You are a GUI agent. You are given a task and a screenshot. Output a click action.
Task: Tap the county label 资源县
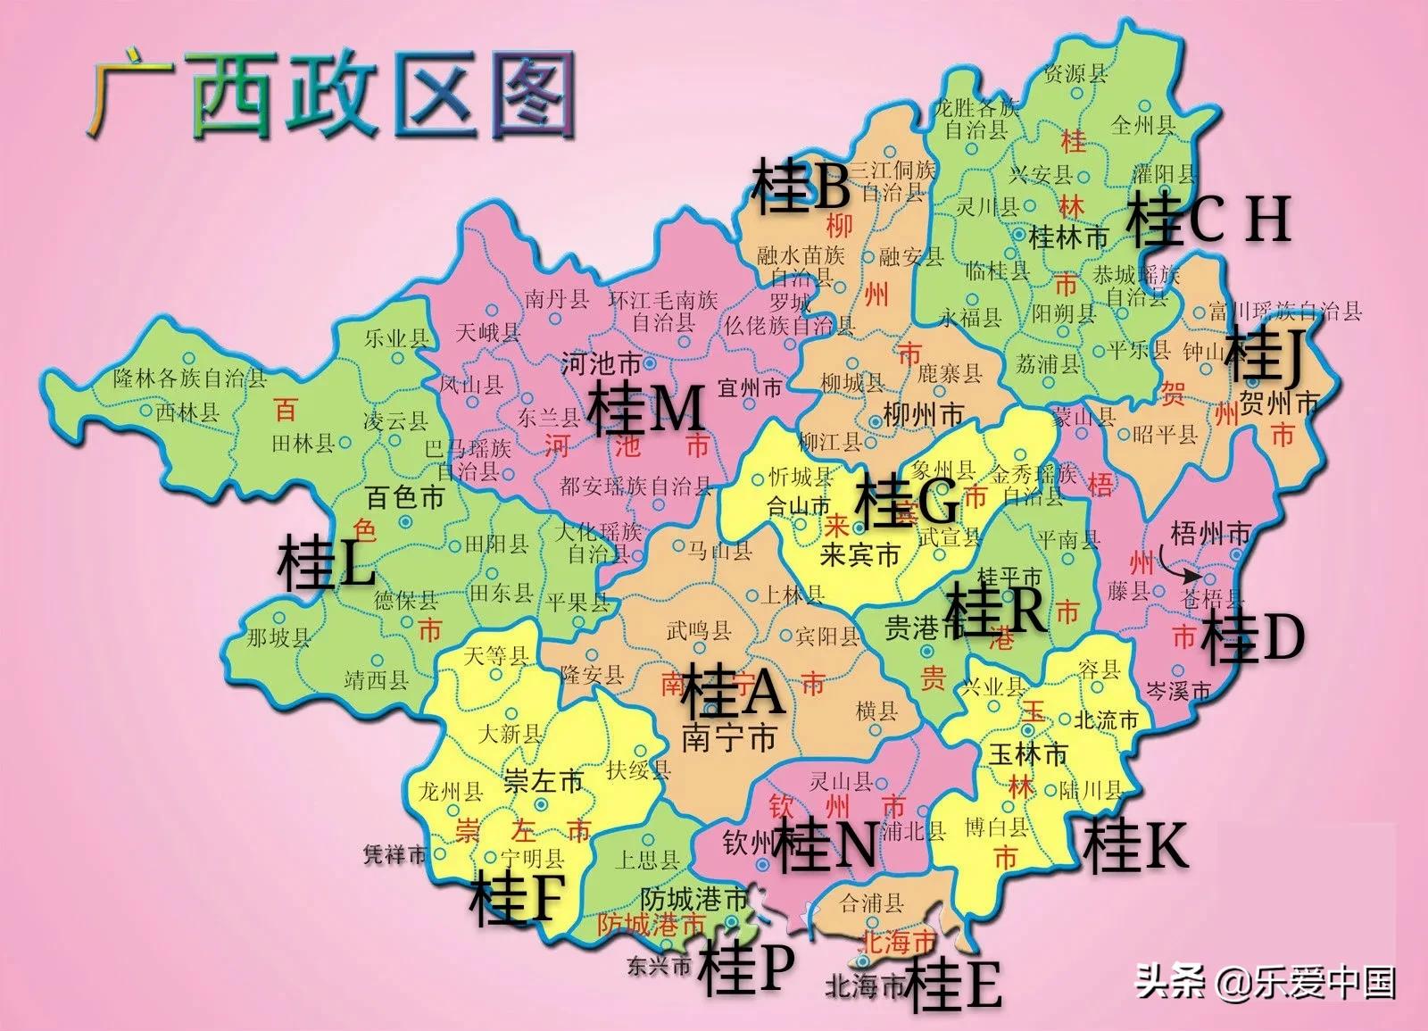[x=1076, y=73]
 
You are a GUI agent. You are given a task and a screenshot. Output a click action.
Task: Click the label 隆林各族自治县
[x=190, y=378]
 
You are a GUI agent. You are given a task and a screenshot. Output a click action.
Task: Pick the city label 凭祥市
[x=395, y=855]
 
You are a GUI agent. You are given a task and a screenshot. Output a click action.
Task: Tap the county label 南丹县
[x=557, y=299]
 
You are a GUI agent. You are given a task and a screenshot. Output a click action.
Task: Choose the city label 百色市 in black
[x=404, y=497]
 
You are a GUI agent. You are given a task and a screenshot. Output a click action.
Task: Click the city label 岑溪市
[x=1179, y=690]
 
